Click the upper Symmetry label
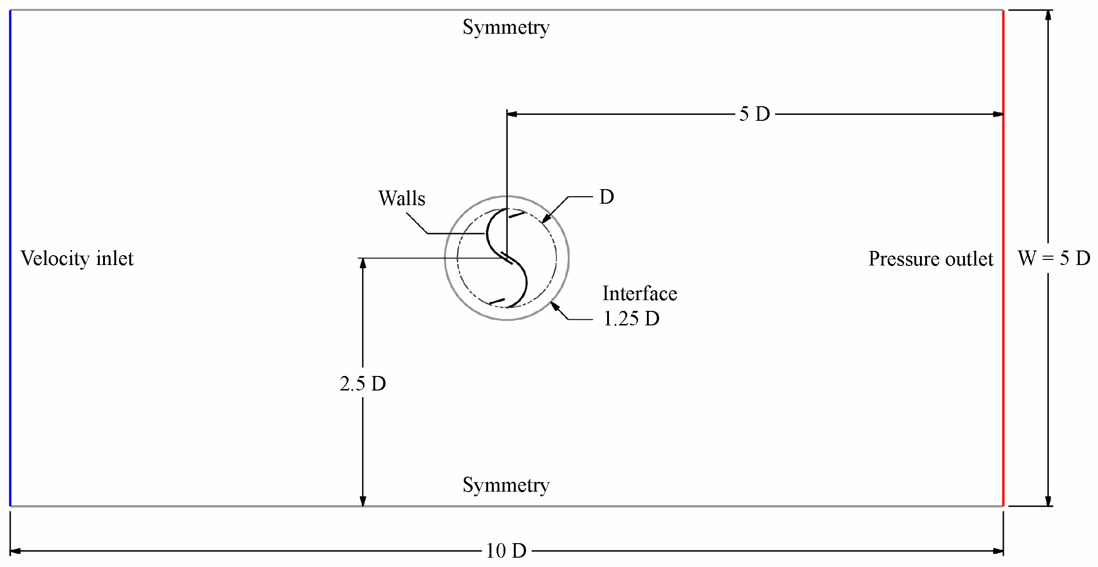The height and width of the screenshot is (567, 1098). coord(506,27)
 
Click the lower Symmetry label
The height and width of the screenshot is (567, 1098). coord(506,485)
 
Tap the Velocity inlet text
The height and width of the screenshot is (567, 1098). coord(77,258)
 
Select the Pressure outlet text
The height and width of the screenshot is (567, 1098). coord(930,259)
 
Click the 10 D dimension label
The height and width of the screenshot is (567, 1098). coord(506,551)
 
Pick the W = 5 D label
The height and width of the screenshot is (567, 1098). coord(1054,258)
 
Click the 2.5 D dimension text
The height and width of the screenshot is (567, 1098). coord(363,384)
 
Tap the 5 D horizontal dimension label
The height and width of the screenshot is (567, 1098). coord(755,114)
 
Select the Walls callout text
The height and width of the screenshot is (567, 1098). coord(401,199)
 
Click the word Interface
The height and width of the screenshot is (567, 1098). coord(639,294)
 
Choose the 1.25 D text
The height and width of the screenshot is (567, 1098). coord(631,319)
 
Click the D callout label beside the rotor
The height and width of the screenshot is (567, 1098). coord(606,197)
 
